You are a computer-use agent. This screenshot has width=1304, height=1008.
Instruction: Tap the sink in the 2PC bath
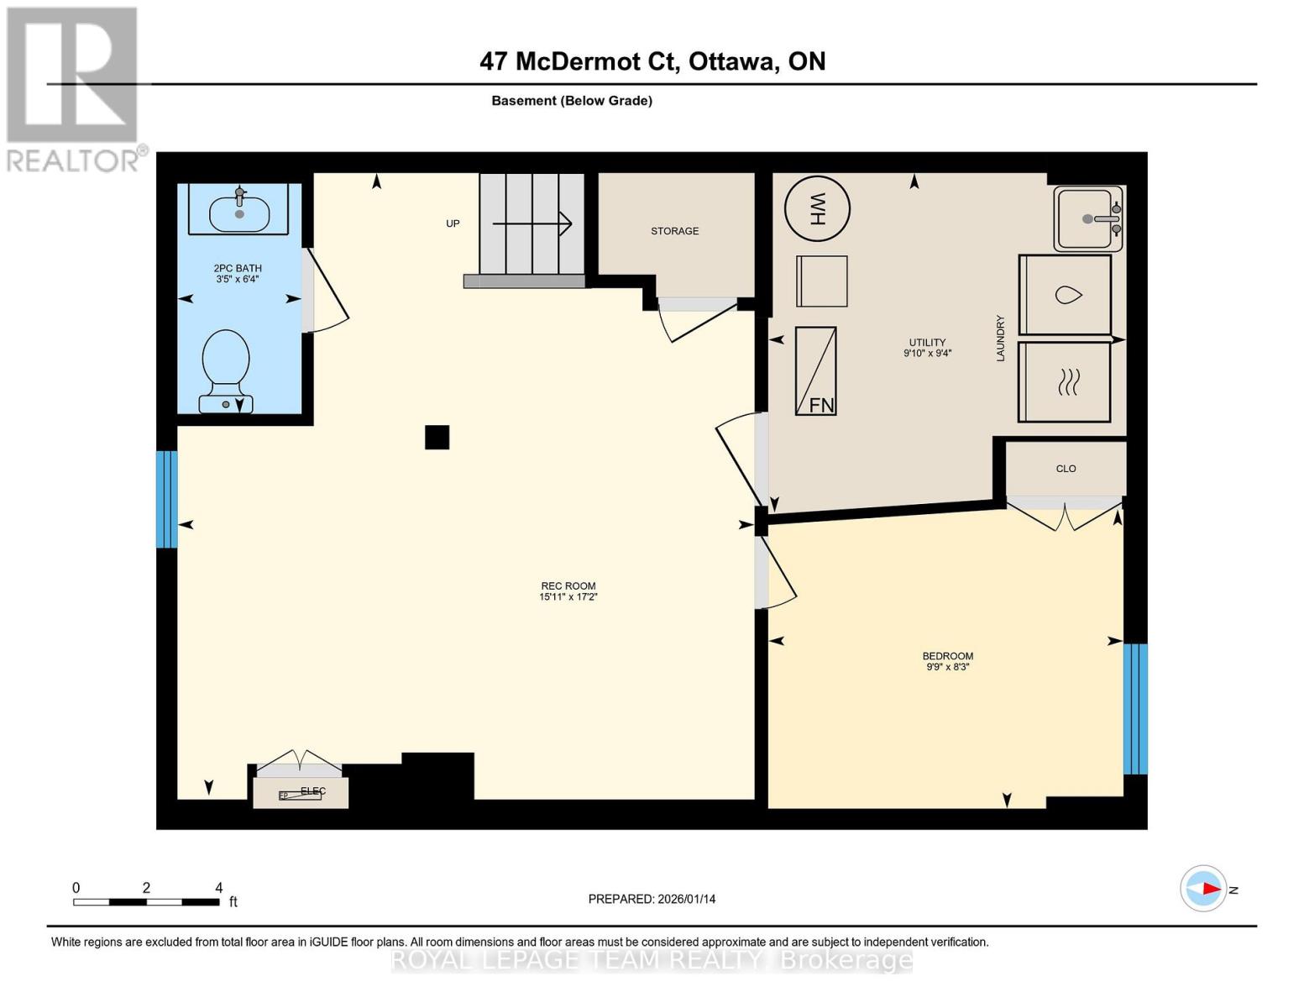[x=239, y=212]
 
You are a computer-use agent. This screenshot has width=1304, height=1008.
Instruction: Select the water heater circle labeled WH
[x=817, y=207]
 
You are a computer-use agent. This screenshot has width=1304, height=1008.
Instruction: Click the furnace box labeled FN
[x=815, y=370]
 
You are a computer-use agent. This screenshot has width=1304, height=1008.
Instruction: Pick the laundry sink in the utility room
[x=1088, y=218]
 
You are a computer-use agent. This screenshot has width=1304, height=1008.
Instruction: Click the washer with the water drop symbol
[x=1065, y=295]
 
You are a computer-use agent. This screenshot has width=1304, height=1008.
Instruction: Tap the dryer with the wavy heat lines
[x=1065, y=382]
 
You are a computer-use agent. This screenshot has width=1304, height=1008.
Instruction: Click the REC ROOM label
[x=568, y=586]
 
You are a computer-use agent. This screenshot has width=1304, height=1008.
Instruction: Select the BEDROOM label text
[x=947, y=656]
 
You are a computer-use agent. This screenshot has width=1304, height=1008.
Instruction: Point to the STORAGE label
[x=674, y=231]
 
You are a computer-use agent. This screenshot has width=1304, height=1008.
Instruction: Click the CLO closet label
[x=1066, y=469]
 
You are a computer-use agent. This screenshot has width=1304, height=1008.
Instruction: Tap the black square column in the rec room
[x=437, y=438]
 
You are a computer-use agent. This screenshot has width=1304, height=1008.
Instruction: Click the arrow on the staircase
[x=532, y=223]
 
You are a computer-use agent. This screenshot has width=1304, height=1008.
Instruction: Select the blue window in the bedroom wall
[x=1135, y=708]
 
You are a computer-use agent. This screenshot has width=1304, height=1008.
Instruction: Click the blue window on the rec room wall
[x=167, y=499]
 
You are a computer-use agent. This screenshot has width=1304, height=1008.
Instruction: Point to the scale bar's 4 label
[x=218, y=888]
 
